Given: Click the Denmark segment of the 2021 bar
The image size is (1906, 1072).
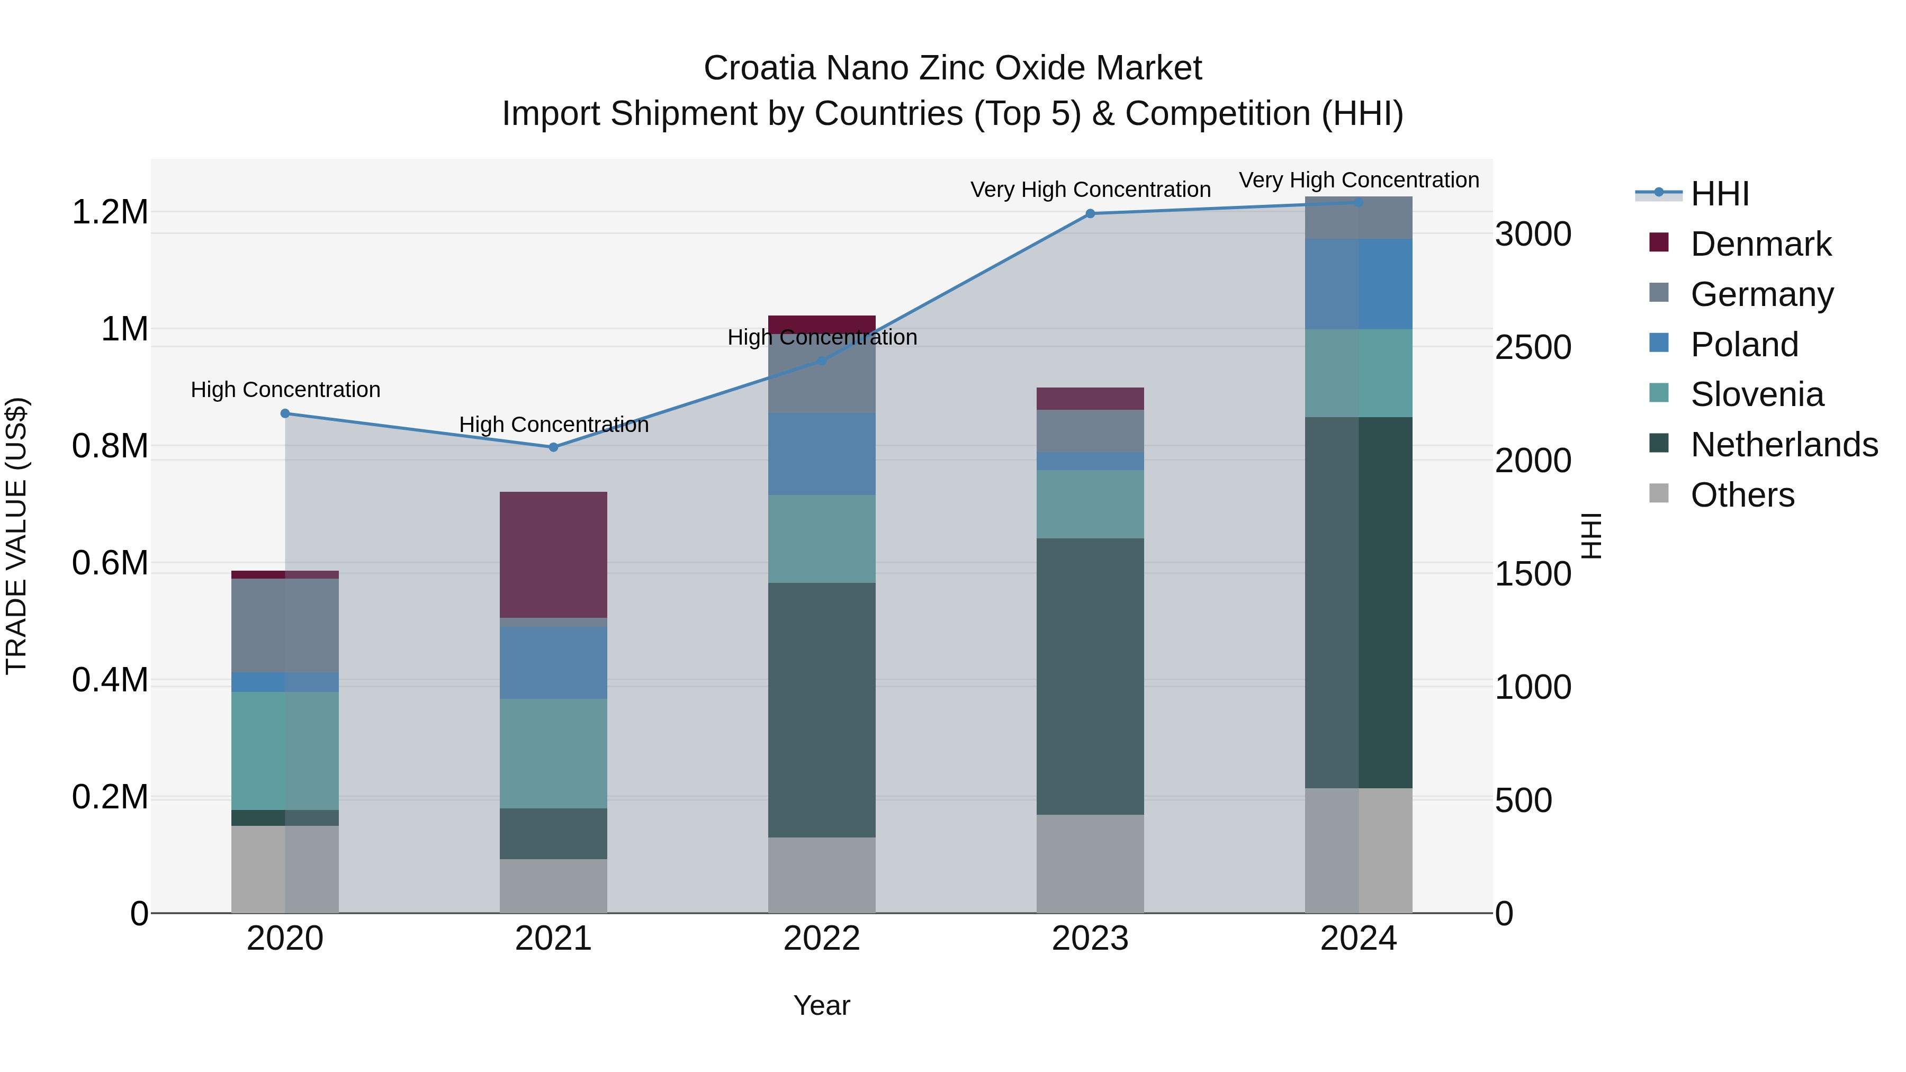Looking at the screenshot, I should pos(553,554).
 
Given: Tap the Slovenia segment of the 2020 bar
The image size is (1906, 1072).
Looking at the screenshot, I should pos(285,750).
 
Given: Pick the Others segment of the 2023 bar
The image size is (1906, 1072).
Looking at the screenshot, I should pos(1090,863).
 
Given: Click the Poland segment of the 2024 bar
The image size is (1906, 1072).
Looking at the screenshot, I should pos(1359,284).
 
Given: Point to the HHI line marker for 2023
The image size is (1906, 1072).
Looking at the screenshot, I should pos(1090,214).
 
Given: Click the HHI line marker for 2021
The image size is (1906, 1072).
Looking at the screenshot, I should pos(553,447).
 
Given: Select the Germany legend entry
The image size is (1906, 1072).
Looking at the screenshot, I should pos(1761,294).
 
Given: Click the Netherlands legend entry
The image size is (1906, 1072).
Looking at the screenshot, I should pos(1783,445).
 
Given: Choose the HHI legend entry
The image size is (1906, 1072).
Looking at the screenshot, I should pos(1719,194).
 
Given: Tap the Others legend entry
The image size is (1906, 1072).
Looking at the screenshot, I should pos(1742,495).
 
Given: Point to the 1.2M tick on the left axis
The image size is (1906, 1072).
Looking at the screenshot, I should pos(110,212).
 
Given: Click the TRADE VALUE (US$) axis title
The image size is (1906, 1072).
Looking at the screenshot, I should pos(16,536).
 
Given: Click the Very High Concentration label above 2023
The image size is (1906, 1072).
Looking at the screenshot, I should pos(1090,190).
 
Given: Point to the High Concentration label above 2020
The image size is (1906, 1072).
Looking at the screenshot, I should pos(285,390).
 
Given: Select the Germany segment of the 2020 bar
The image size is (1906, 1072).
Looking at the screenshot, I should pos(285,625).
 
